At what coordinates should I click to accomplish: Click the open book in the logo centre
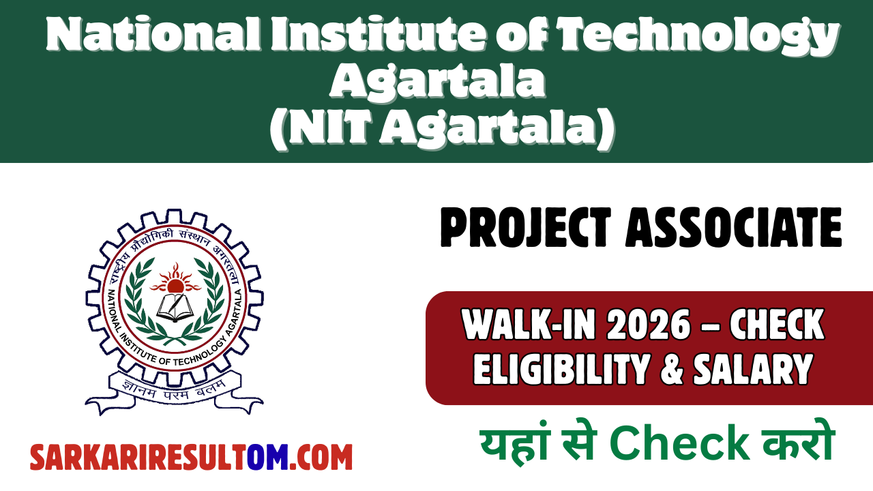175,307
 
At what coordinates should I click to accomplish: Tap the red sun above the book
176,280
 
